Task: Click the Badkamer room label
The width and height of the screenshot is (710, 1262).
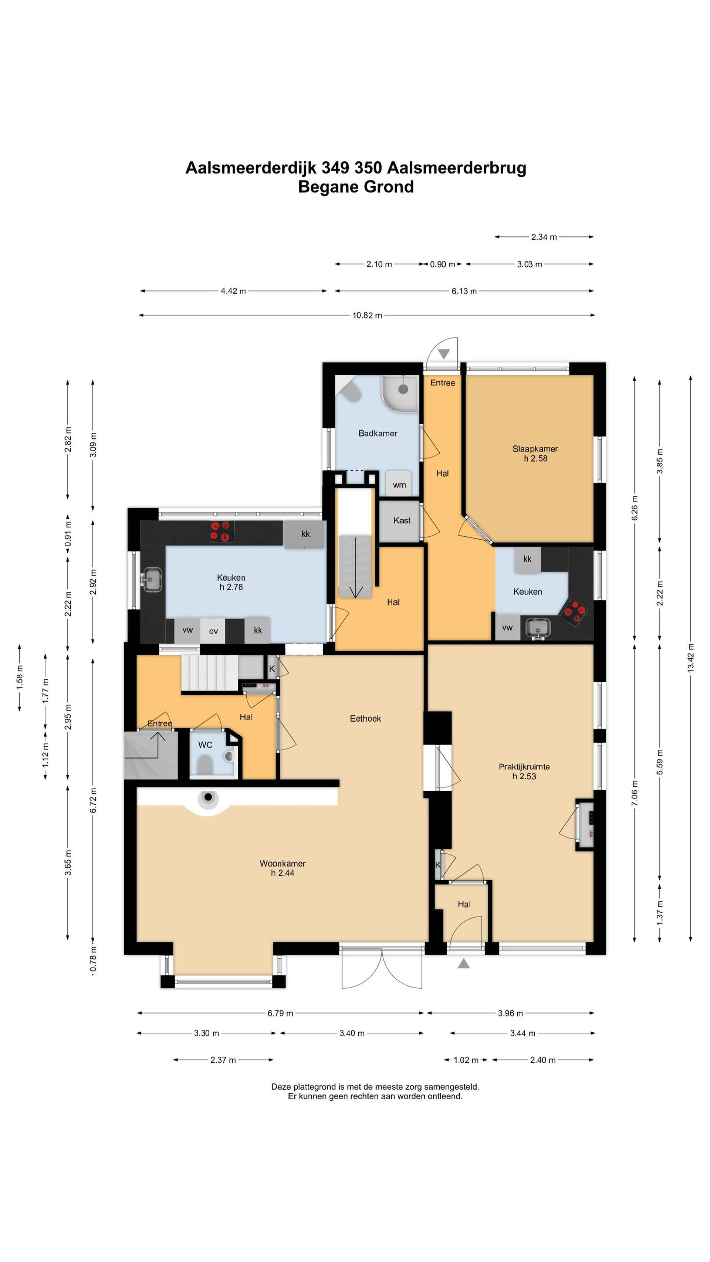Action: tap(378, 433)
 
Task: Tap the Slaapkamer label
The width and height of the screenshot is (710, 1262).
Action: tap(535, 449)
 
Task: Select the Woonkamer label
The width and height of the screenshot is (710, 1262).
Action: tap(283, 863)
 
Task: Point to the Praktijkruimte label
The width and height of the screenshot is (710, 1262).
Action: tap(524, 767)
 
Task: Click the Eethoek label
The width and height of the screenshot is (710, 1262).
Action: tap(365, 719)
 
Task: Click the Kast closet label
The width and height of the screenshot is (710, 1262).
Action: tap(402, 520)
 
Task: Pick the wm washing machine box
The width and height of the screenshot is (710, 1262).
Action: tap(399, 484)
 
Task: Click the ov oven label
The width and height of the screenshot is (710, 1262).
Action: tap(213, 631)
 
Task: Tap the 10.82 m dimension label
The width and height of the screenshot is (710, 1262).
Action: tap(367, 315)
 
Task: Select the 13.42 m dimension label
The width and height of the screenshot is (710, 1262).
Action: tap(691, 658)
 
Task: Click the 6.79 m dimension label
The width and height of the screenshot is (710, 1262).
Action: tap(280, 1013)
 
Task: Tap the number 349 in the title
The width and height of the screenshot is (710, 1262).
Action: tap(335, 168)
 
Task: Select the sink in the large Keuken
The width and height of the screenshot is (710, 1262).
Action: tap(152, 580)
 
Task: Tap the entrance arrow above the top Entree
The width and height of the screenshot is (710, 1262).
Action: tap(444, 354)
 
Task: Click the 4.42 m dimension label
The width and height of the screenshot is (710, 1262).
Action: tap(233, 291)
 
